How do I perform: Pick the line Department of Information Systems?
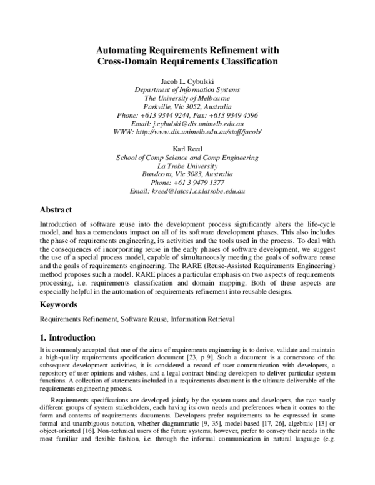pyautogui.click(x=187, y=89)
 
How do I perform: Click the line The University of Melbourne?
pyautogui.click(x=187, y=98)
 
